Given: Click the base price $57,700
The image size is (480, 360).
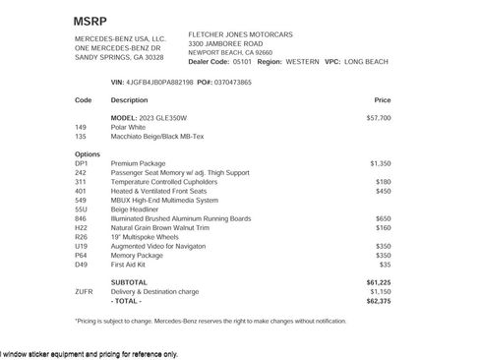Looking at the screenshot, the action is point(379,118).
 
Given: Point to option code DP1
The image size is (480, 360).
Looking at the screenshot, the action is point(81,163).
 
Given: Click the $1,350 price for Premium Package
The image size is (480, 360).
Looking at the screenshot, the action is point(380,163).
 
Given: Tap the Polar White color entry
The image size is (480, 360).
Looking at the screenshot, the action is point(130,127).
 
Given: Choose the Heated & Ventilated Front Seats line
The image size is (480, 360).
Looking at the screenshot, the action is point(159,191).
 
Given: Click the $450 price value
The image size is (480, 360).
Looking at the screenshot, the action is point(383,191).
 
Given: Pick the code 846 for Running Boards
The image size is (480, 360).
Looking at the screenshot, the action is point(81,218).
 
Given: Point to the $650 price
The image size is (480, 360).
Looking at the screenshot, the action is point(383,218).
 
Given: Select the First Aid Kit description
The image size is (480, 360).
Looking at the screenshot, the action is point(129,264).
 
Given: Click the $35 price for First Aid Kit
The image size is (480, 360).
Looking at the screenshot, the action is point(385,264).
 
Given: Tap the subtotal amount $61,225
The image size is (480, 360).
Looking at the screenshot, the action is point(379,282).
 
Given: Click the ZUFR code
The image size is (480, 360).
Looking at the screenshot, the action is point(83,291).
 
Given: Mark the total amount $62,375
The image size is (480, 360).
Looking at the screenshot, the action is point(379,300).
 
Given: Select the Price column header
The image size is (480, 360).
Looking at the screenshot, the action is point(382,100).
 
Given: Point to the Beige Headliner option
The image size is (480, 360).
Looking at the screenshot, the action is point(135,209).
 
